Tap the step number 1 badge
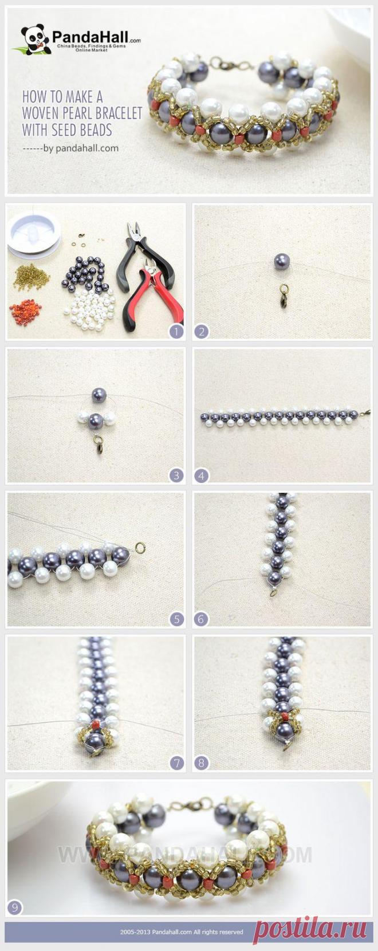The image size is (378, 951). coord(176,331)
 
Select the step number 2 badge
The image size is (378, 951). coord(201,331)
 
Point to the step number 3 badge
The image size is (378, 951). coord(176,475)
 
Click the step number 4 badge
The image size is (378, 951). coord(201,475)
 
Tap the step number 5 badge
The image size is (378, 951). coord(176,619)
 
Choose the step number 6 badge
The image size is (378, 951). coord(201,619)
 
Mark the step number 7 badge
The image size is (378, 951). coord(176,763)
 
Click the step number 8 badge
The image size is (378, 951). coord(201,763)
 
